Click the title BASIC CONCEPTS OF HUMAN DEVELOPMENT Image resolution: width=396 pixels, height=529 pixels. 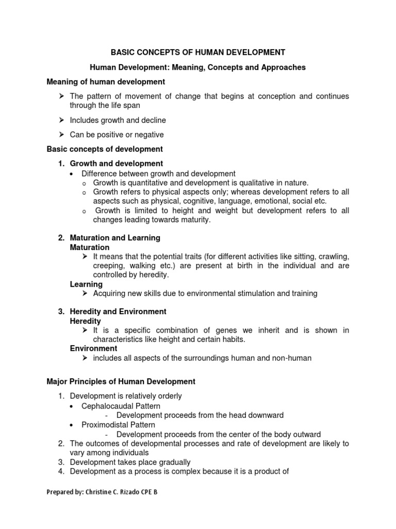pos(198,52)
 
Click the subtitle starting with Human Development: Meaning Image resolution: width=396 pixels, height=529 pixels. pos(198,67)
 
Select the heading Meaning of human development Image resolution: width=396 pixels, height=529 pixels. pos(106,82)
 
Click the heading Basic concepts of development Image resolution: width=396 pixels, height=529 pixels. pos(105,149)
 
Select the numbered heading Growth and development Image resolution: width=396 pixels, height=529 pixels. pos(117,164)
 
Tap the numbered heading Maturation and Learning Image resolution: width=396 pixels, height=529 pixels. pos(115,238)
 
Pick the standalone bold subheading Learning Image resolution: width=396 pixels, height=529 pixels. pos(86,284)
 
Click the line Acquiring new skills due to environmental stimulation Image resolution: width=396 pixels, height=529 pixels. pos(205,293)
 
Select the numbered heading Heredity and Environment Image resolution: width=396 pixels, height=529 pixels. pos(118,312)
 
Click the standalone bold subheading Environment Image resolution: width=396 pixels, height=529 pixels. pos(93,349)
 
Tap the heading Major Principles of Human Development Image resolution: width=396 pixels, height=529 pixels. pos(121,382)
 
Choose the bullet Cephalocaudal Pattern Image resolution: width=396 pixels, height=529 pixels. pos(121,406)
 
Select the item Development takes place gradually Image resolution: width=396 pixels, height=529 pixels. pos(130,462)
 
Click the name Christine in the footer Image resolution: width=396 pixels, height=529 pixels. pos(102,492)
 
